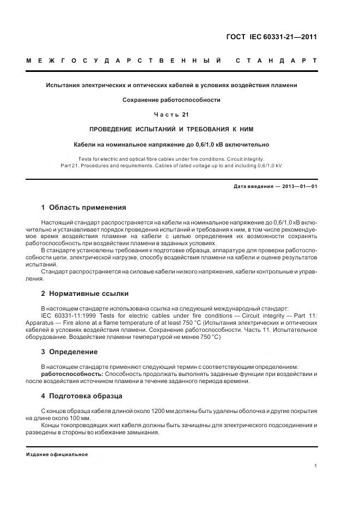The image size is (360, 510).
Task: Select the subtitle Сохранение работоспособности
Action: click(172, 100)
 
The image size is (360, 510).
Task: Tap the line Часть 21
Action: click(172, 114)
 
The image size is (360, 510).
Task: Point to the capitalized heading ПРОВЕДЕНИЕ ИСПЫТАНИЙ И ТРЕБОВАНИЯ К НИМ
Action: click(172, 129)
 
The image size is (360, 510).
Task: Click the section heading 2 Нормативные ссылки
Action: click(82, 293)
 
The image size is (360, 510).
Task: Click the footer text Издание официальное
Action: click(57, 454)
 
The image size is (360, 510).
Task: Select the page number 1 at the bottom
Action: click(316, 465)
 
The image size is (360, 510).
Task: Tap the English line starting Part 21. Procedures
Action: click(172, 165)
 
